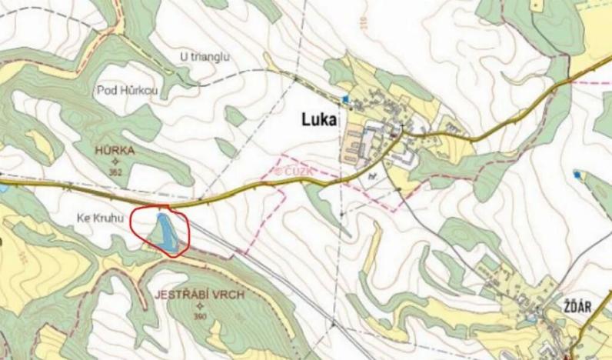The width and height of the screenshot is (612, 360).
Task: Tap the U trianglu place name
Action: (x=205, y=58)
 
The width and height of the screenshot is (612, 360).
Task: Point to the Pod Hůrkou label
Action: (x=127, y=91)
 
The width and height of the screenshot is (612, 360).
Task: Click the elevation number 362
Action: (x=116, y=172)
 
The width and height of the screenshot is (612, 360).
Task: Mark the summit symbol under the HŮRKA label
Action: (x=116, y=162)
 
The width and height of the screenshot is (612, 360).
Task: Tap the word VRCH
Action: (x=224, y=295)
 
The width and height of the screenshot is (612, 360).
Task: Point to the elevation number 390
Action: (x=201, y=316)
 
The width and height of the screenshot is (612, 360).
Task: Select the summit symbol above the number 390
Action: (x=201, y=306)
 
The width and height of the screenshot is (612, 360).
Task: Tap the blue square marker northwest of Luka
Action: (x=345, y=98)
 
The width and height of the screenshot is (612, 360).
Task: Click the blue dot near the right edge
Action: (x=577, y=175)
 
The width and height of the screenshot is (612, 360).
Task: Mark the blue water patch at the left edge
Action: (x=2, y=187)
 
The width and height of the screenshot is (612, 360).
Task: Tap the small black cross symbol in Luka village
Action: (x=401, y=125)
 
